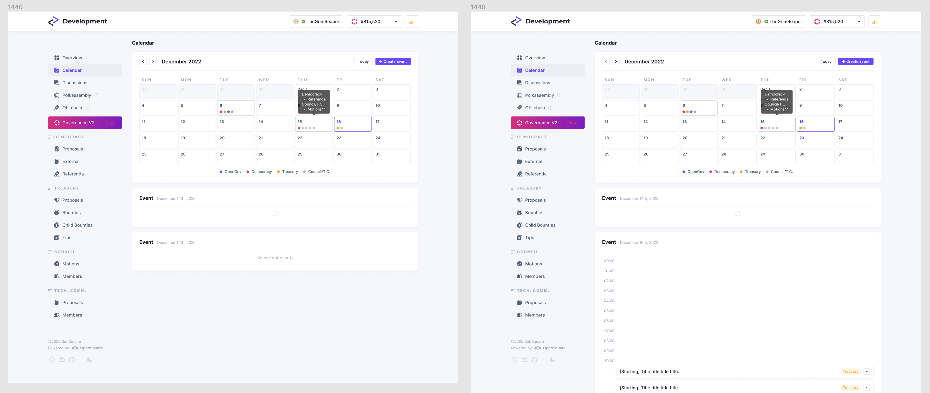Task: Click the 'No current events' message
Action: [275, 258]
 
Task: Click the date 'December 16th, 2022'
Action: [639, 243]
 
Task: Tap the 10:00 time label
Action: [609, 360]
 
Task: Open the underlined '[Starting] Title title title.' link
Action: [649, 371]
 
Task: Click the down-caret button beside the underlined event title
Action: [866, 371]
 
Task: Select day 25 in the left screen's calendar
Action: [158, 156]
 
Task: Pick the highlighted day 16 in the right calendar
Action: [815, 124]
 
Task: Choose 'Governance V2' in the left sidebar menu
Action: [84, 122]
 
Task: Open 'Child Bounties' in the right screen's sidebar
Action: [540, 225]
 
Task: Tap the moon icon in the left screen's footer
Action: [89, 360]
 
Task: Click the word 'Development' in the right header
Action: [547, 21]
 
